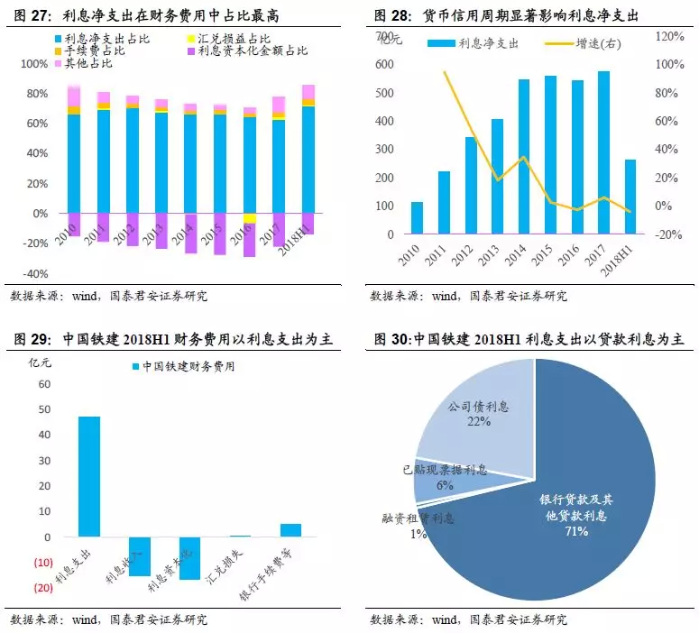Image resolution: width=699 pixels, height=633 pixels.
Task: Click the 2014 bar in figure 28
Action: [523, 157]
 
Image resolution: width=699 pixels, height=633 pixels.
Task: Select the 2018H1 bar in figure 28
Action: [630, 197]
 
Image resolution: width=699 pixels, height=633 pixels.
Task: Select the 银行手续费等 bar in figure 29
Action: [290, 530]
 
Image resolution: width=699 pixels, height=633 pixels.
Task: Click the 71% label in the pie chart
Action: [576, 532]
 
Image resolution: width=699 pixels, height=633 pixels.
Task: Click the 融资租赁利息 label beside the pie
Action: [418, 518]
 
